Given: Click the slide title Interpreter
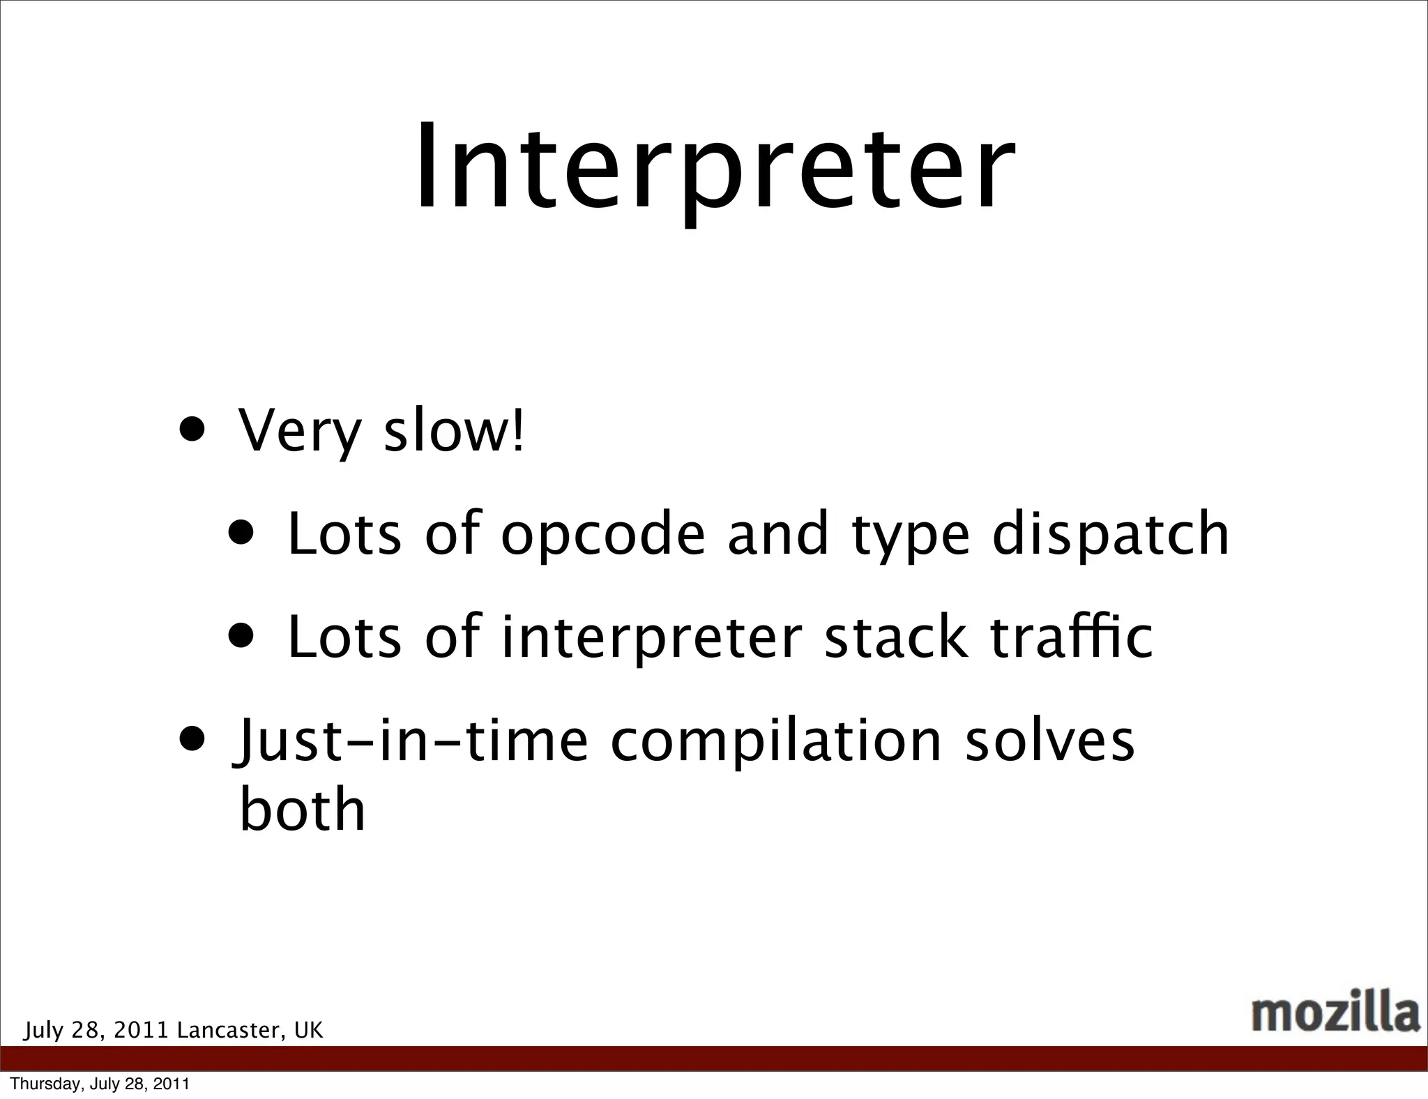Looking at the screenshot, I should [714, 169].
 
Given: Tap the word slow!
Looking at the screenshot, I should [454, 430].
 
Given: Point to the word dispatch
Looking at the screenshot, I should [1111, 533].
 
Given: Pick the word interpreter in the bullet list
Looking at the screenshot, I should [652, 638].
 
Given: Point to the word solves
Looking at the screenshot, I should [1050, 741].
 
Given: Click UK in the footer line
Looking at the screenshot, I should [309, 1030].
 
